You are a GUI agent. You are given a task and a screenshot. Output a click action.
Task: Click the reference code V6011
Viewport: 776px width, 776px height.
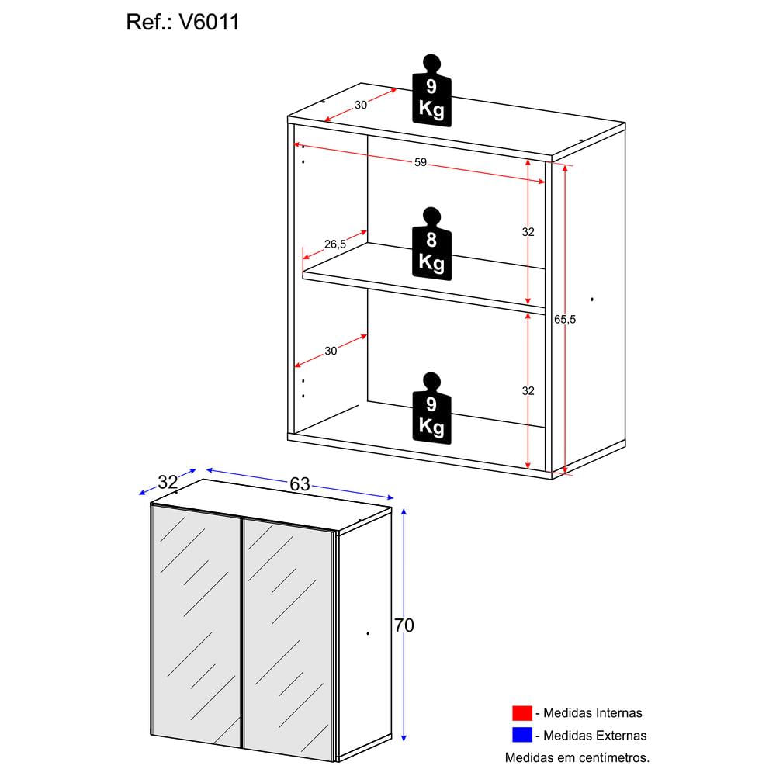tap(209, 23)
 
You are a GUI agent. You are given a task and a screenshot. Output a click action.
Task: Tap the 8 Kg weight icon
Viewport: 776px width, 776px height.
tap(431, 242)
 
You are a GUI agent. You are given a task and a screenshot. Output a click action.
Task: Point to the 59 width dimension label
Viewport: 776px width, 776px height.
tap(420, 163)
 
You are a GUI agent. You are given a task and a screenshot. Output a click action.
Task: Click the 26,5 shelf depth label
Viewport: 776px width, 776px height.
tap(335, 244)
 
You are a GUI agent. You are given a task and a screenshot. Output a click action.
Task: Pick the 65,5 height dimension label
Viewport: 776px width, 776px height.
tap(566, 319)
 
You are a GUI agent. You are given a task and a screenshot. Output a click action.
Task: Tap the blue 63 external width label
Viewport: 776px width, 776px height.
tap(300, 484)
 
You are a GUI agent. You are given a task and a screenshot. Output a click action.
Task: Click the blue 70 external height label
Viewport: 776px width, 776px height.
tap(404, 625)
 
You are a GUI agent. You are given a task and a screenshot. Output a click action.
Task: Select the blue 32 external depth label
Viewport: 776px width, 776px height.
tap(168, 481)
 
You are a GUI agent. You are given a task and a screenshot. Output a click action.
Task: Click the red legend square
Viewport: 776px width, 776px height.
tap(521, 712)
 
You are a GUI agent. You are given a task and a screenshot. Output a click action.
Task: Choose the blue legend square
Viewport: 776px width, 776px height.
tap(521, 735)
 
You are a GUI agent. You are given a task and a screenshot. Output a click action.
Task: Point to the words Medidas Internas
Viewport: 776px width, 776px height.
tap(593, 712)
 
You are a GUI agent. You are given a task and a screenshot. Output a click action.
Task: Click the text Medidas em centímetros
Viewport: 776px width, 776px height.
tap(577, 757)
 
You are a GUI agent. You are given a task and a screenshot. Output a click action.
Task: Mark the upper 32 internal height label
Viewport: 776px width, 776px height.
tap(528, 232)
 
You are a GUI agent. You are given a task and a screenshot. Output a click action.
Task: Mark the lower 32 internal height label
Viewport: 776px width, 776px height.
tap(528, 391)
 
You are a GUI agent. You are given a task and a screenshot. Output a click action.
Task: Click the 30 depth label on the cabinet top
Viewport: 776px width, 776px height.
tap(361, 106)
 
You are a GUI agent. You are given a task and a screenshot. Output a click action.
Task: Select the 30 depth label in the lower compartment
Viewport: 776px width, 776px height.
tap(331, 351)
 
